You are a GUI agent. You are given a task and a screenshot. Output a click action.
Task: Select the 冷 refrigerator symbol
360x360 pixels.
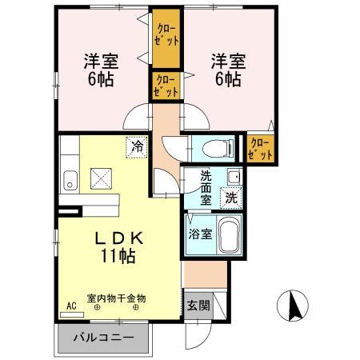137,147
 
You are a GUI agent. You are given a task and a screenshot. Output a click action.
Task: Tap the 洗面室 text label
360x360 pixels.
206,188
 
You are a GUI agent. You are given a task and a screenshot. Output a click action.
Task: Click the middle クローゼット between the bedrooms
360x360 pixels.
166,86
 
